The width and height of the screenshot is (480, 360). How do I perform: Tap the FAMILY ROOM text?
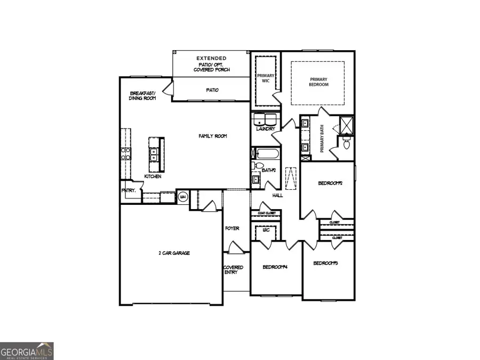213,136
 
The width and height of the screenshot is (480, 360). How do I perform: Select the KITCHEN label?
153,177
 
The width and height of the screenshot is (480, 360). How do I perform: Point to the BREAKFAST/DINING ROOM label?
142,96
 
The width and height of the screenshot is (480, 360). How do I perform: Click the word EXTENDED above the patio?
211,58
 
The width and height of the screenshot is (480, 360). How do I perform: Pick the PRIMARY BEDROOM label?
319,82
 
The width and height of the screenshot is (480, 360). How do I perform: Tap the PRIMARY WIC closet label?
266,79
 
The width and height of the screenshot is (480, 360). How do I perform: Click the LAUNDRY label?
265,129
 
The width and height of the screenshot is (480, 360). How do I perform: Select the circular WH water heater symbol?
183,197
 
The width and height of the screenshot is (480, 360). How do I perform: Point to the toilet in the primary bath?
346,143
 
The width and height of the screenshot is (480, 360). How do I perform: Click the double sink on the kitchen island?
155,155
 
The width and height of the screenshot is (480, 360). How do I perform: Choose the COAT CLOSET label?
266,213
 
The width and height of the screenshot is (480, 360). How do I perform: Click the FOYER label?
232,228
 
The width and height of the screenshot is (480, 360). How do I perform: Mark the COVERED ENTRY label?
233,270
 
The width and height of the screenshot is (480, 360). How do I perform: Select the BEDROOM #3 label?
326,263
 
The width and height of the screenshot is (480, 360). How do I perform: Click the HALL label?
277,196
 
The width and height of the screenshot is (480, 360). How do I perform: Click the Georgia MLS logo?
27,351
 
